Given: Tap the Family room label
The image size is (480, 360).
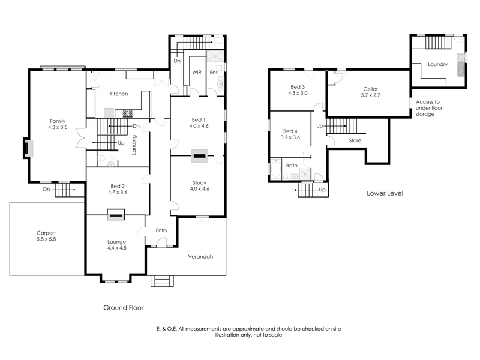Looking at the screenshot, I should [x=58, y=121].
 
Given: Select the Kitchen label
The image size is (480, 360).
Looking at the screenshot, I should [x=118, y=94].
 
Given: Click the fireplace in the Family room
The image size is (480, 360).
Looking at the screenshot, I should [x=28, y=148].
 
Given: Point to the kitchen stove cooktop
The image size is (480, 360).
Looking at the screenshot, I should [x=127, y=113].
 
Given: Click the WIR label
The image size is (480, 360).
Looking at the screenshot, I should [x=196, y=72].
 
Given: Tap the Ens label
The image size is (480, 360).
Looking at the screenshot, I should [x=213, y=72].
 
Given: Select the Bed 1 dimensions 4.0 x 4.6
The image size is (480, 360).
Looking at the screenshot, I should [x=197, y=126].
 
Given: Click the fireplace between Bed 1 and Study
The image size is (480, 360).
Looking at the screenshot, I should [x=199, y=157].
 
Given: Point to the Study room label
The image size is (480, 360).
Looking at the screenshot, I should [x=199, y=182].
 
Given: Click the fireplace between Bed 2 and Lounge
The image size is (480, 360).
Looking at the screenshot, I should [x=116, y=214].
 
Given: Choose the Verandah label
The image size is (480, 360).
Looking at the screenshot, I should [x=201, y=256].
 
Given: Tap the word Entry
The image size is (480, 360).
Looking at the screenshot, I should [x=161, y=230].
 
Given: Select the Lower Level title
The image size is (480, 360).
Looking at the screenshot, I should [x=385, y=193].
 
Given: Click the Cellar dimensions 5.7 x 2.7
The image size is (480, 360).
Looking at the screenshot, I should [x=370, y=95].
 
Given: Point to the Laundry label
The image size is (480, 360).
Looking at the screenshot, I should [x=437, y=64].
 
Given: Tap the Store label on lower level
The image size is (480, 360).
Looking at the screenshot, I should [x=355, y=140].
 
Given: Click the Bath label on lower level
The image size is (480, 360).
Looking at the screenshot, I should [x=292, y=165].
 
